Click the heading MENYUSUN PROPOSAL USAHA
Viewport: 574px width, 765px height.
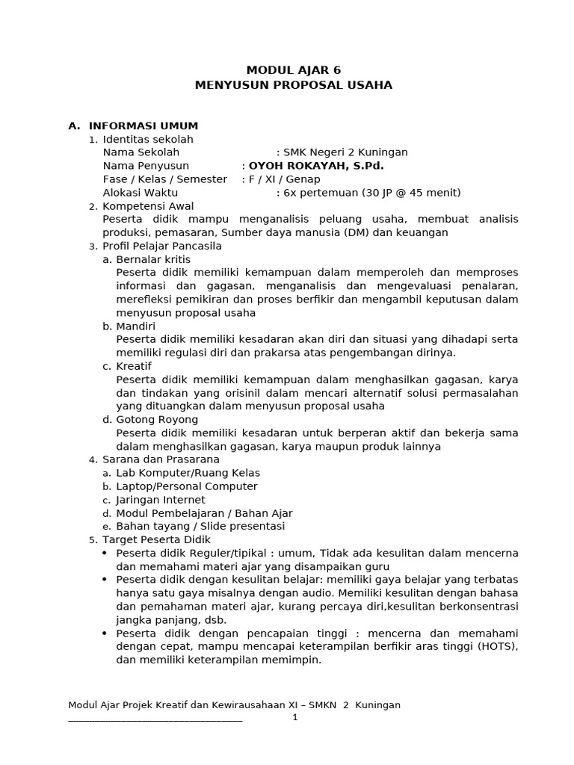[293, 85]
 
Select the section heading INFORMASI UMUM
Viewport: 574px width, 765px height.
[143, 126]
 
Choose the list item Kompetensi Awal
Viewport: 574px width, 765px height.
[148, 206]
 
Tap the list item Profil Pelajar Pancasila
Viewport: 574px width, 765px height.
[162, 246]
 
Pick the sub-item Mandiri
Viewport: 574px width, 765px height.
[136, 326]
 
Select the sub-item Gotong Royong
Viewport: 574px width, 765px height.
[157, 420]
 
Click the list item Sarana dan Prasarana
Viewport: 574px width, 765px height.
[161, 459]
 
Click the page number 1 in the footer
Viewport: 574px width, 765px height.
[295, 717]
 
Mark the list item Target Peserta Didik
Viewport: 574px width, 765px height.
[156, 539]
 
